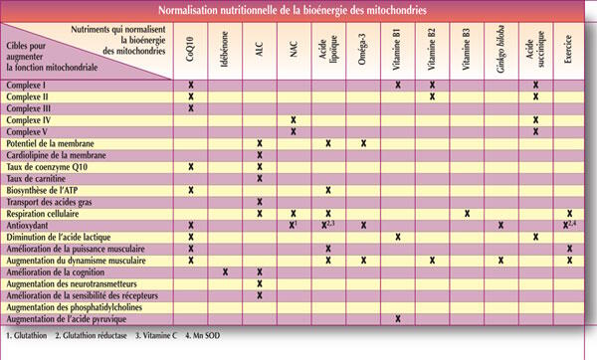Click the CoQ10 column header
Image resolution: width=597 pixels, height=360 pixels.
point(190,52)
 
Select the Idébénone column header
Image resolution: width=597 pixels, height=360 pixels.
point(225,52)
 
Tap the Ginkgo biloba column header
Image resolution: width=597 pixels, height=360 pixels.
point(500,52)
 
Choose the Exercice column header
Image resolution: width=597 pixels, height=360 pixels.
point(569,52)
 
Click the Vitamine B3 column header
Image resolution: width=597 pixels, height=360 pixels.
point(466,52)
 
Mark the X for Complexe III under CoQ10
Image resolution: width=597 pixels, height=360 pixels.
point(190,107)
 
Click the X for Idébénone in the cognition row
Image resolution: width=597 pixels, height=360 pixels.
point(225,271)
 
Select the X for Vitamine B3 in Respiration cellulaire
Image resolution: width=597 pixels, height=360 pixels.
point(466,214)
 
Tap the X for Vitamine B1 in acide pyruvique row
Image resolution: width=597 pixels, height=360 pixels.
point(397,318)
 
